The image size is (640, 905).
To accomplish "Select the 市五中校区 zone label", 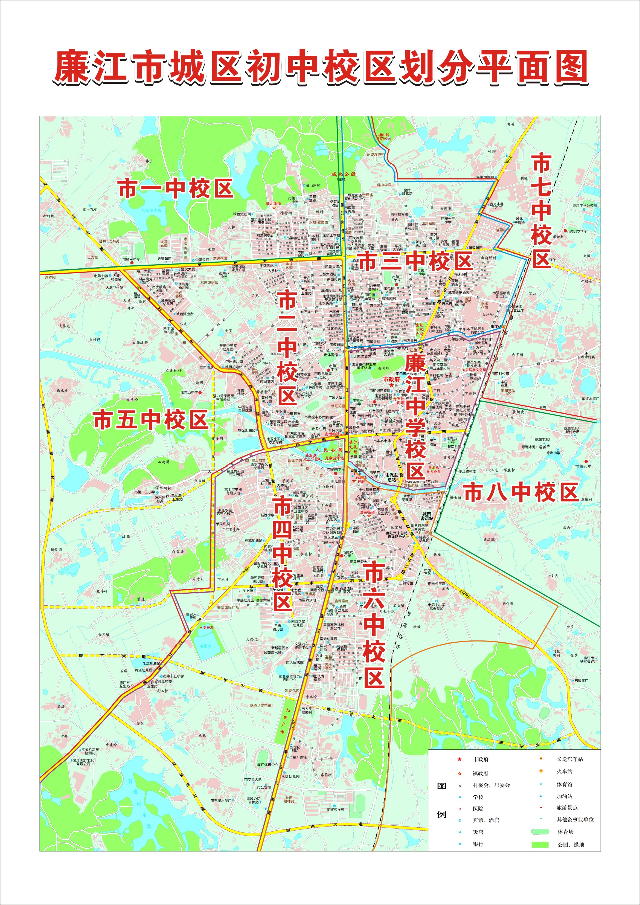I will tap(151, 420).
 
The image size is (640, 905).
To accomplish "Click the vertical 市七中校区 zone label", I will tap(541, 211).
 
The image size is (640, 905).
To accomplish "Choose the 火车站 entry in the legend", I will tap(564, 771).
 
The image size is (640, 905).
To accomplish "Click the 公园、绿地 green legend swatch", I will tap(540, 845).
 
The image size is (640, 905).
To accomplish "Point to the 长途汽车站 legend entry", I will tap(569, 759).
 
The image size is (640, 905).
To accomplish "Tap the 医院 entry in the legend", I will tap(478, 808).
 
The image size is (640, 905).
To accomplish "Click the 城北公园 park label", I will tap(343, 174).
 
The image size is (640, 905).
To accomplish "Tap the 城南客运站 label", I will tap(426, 516).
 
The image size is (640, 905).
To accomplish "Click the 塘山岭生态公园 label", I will tap(383, 137).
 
